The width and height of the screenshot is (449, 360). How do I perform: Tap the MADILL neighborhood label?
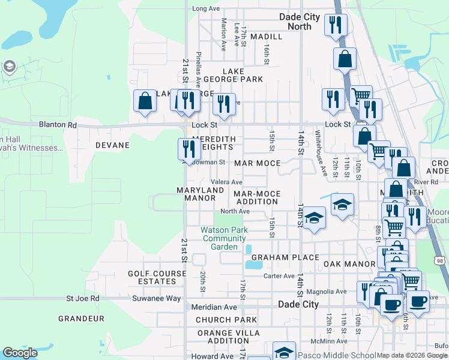(x=266, y=37)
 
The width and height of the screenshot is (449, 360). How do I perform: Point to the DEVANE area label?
(x=112, y=145)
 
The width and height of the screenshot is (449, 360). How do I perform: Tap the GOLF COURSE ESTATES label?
(x=152, y=277)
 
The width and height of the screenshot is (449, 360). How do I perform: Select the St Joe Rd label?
(x=83, y=298)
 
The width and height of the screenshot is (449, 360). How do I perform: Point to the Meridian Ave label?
(x=214, y=307)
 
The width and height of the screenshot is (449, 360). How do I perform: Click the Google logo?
(x=20, y=353)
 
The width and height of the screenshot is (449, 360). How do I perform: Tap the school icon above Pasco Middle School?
(x=284, y=352)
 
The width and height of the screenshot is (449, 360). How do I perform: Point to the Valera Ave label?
(x=226, y=182)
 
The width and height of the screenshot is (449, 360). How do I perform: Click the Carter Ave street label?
(x=279, y=276)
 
